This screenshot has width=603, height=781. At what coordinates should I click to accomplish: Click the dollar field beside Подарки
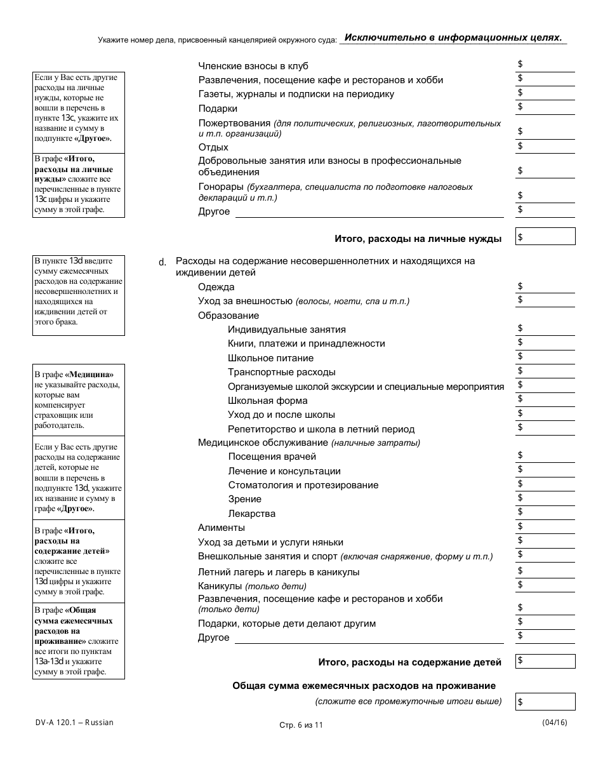tap(546, 107)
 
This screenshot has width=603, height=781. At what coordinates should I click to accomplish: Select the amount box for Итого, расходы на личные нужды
tap(546, 237)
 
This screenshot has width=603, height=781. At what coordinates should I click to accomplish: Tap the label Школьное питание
tap(270, 358)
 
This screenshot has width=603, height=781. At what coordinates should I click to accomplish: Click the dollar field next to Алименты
tap(546, 527)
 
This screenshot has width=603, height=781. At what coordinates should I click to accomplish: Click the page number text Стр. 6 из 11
tap(301, 725)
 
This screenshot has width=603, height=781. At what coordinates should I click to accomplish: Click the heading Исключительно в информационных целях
tap(453, 37)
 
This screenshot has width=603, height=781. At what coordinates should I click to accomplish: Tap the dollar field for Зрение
tap(546, 498)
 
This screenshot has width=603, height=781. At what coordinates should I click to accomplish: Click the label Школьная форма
tap(267, 401)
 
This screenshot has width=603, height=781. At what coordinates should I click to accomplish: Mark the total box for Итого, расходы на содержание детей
tap(546, 661)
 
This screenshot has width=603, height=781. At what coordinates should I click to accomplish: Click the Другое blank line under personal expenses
tap(369, 211)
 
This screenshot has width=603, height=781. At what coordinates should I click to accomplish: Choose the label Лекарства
tap(251, 514)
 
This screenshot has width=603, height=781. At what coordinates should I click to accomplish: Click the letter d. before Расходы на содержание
tap(162, 262)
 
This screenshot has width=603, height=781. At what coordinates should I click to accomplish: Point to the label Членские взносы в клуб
tap(253, 66)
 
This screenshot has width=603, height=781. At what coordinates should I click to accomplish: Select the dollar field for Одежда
tap(546, 287)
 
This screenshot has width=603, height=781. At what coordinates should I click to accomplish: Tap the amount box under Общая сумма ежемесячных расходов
tap(546, 702)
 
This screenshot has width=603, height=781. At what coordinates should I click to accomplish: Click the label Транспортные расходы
tap(281, 372)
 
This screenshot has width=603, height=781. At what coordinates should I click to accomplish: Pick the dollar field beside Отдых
tap(546, 147)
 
